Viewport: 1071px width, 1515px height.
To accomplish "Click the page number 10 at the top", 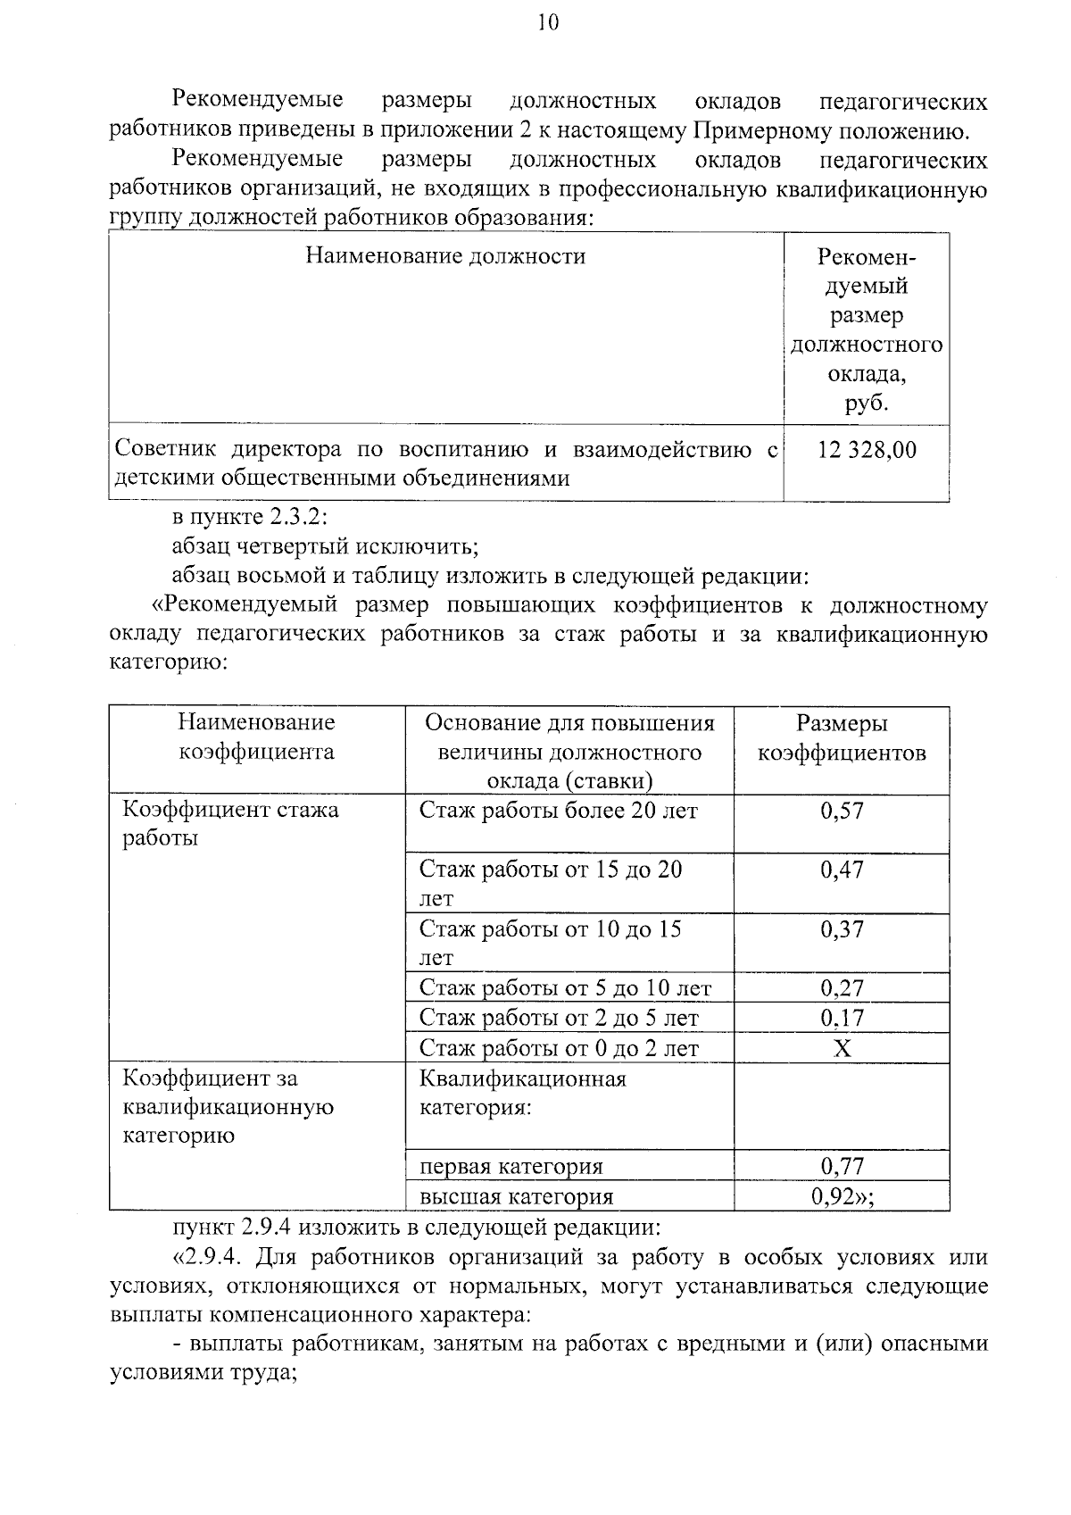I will pyautogui.click(x=547, y=23).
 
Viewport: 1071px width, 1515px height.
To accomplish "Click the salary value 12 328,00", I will pyautogui.click(x=866, y=450).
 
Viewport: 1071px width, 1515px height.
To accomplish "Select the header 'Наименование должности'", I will pyautogui.click(x=445, y=257).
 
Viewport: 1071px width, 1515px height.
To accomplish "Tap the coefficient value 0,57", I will pyautogui.click(x=842, y=811).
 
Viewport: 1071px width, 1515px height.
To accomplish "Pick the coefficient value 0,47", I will pyautogui.click(x=842, y=870).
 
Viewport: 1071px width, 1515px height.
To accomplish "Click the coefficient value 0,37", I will pyautogui.click(x=842, y=929).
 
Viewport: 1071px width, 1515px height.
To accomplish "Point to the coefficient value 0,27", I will pyautogui.click(x=842, y=988).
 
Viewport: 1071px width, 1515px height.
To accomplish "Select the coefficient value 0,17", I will pyautogui.click(x=842, y=1018).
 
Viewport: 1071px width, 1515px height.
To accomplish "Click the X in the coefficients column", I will pyautogui.click(x=842, y=1048).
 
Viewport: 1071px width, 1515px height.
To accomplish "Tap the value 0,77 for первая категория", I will pyautogui.click(x=842, y=1166).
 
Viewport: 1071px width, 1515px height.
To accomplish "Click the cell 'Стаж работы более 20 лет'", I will pyautogui.click(x=559, y=811).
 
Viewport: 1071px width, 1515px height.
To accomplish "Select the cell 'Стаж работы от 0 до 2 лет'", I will pyautogui.click(x=559, y=1048).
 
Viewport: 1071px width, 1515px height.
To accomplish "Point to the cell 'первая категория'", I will pyautogui.click(x=511, y=1166).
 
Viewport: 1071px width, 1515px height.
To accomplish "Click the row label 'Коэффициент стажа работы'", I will pyautogui.click(x=230, y=824).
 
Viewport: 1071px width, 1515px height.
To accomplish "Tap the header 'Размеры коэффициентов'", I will pyautogui.click(x=842, y=737).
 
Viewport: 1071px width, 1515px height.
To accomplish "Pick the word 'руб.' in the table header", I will pyautogui.click(x=866, y=404).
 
